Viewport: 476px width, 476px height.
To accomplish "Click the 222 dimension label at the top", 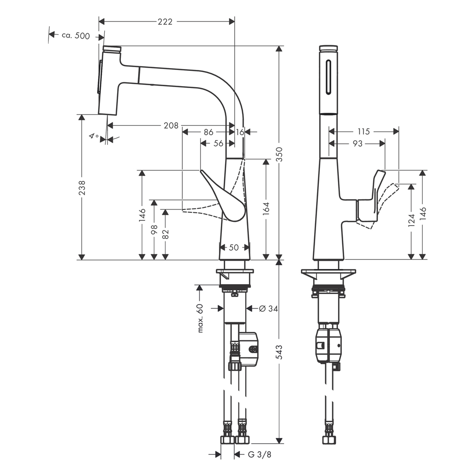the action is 165,21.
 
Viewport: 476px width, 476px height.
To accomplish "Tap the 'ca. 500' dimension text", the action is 76,36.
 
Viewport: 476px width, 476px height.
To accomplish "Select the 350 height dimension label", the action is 279,154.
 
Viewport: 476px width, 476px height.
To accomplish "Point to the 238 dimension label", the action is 82,187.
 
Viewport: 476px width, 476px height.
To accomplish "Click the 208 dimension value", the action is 171,125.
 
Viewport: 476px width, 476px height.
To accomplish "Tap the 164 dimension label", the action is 266,209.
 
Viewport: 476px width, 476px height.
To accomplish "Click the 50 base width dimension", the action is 234,248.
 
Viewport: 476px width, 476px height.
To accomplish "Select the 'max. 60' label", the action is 200,318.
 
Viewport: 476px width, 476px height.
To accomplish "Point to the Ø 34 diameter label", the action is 268,308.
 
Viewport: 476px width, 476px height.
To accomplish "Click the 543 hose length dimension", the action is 279,352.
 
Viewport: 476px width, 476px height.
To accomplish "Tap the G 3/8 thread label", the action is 259,455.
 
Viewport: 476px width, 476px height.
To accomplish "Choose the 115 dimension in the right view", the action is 364,131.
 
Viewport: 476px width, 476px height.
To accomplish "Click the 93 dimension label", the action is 357,143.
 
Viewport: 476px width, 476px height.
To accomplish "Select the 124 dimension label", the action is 411,220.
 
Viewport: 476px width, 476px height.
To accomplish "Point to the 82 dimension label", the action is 166,234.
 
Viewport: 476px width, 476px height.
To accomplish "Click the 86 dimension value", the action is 208,132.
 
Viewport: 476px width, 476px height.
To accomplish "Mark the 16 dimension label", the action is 240,132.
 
